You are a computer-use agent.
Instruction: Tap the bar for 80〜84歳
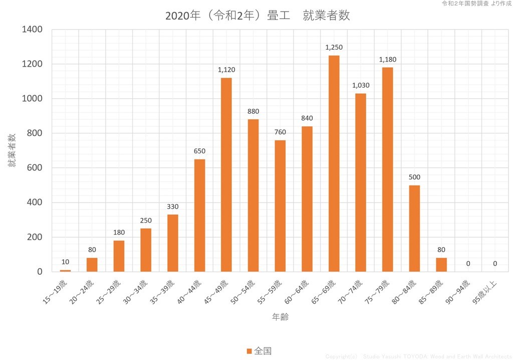414,228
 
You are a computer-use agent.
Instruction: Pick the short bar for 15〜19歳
65,271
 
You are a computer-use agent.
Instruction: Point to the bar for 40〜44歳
199,216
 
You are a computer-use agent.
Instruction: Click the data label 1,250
334,47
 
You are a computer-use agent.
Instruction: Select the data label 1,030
361,85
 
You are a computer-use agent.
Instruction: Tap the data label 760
280,132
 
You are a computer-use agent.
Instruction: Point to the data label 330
173,207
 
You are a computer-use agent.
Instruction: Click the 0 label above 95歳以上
495,263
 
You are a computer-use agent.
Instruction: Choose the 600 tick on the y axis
36,168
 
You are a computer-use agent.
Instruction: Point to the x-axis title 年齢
280,317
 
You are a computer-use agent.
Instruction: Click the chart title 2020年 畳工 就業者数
257,16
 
